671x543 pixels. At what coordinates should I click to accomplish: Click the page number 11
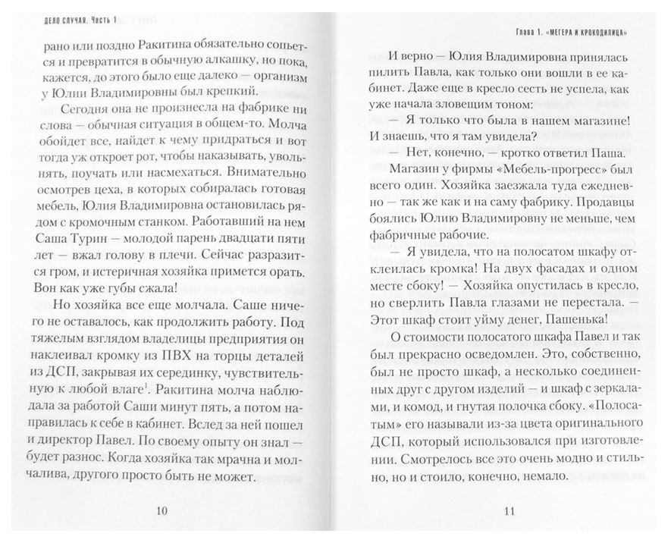(509, 510)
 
